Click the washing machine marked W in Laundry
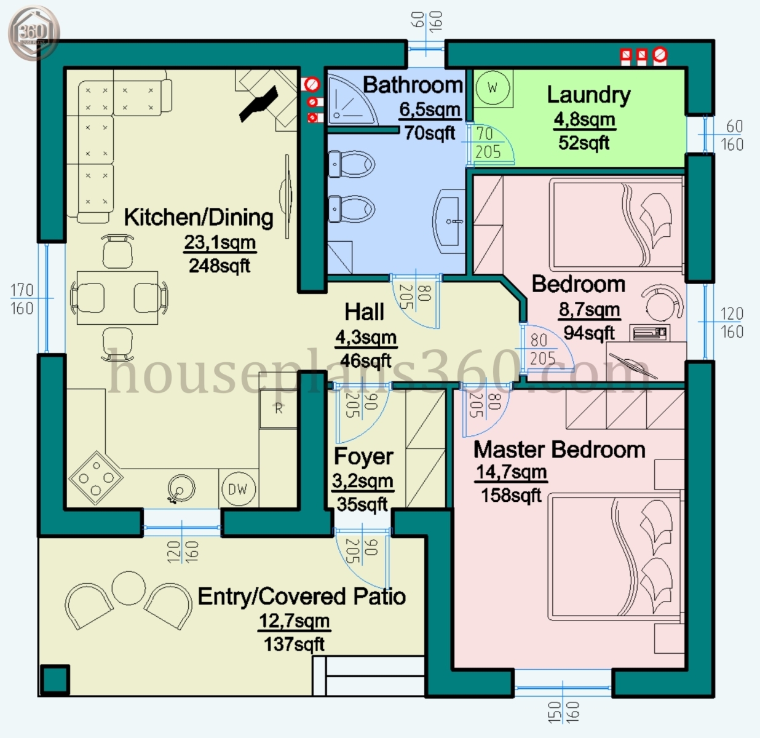click(x=493, y=88)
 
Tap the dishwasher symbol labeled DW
click(x=237, y=489)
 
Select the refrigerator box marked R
click(x=279, y=408)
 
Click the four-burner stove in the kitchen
click(x=95, y=478)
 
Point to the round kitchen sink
click(x=181, y=489)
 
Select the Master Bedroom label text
click(x=559, y=450)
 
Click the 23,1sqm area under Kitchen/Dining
click(x=220, y=243)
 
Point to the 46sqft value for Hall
click(x=366, y=361)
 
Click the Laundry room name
click(x=588, y=95)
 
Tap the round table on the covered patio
click(x=129, y=588)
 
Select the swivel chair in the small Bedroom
click(x=663, y=303)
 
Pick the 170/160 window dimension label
click(x=22, y=299)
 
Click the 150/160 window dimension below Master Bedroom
click(x=563, y=712)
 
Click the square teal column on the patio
click(x=54, y=680)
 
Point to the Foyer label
click(x=363, y=457)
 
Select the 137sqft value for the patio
click(x=294, y=645)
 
